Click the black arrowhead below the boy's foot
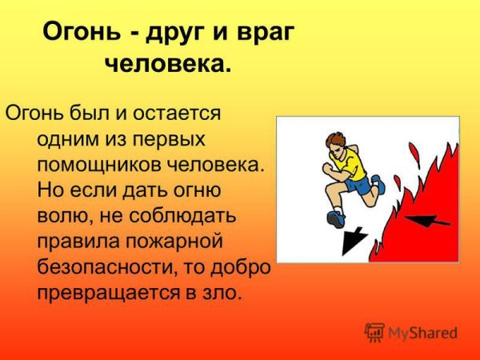351,241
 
